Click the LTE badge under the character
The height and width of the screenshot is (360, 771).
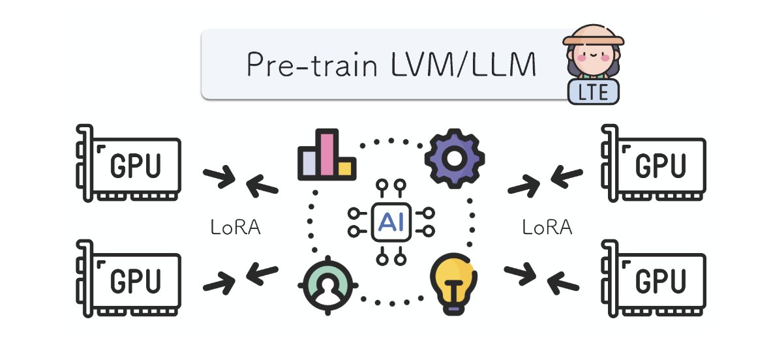592,92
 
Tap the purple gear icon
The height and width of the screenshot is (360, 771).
454,158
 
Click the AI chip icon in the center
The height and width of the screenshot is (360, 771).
391,222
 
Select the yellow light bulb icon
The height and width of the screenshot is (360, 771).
455,285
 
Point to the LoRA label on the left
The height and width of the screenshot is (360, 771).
235,228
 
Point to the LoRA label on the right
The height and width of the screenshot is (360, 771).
548,228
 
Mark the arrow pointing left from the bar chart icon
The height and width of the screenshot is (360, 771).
262,185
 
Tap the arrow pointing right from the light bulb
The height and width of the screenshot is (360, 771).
520,273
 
